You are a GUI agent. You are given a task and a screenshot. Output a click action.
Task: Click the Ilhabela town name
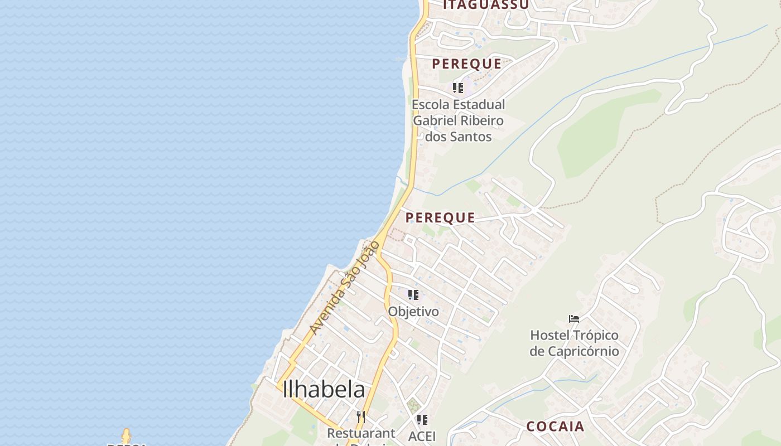tap(324, 389)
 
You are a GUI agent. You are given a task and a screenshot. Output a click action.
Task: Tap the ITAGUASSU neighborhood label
tap(485, 5)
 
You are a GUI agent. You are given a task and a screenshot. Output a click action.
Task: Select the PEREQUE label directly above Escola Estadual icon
tap(466, 64)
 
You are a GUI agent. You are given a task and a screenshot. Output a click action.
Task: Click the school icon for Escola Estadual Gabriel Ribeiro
tap(458, 88)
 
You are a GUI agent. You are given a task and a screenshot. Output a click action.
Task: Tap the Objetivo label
tap(413, 312)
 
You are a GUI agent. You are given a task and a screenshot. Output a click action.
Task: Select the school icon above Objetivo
tap(413, 294)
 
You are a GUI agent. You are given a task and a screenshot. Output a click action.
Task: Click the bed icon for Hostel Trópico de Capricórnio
tap(574, 319)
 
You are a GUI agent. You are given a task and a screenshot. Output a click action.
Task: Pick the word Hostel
tap(550, 336)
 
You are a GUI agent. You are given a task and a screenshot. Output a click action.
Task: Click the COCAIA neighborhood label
tap(556, 427)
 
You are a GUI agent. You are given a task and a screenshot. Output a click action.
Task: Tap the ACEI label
tap(422, 436)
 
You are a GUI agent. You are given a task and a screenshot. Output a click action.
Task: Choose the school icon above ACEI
tap(422, 419)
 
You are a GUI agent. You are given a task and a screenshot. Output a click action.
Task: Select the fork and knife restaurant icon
tap(361, 416)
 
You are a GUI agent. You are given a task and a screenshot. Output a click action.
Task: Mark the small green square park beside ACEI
tap(413, 405)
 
